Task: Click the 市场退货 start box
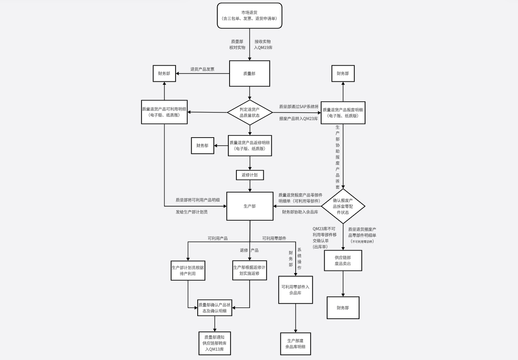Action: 250,16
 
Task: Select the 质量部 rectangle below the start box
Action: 250,74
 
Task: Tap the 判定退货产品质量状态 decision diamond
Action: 250,112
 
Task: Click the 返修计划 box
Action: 250,175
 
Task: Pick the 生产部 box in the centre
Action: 250,206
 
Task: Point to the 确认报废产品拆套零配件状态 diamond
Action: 343,206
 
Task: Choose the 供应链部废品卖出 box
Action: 343,260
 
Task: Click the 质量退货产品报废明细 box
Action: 343,113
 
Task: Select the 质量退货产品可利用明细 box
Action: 164,112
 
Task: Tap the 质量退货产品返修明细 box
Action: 250,146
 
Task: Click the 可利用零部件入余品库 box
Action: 295,290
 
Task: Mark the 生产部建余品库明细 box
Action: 295,344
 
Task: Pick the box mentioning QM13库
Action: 214,343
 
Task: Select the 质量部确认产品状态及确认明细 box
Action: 214,308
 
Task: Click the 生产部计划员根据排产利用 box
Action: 188,271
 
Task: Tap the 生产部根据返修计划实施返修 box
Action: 250,271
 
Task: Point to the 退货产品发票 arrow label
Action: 202,69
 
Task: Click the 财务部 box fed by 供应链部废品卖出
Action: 343,308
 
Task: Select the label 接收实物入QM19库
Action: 263,45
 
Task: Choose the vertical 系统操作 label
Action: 299,259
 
